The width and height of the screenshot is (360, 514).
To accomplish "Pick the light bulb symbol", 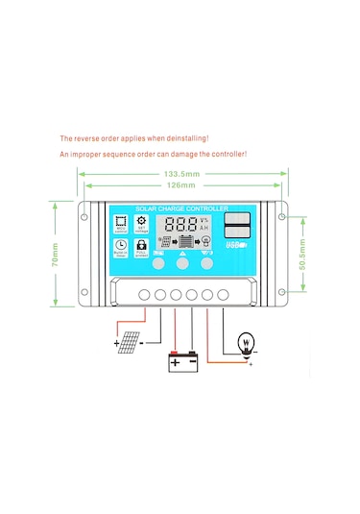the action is click(246, 343).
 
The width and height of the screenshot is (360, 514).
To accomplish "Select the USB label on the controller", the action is click(235, 245).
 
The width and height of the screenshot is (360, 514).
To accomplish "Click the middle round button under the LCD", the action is click(182, 260).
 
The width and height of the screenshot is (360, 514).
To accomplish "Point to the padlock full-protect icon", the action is click(143, 249).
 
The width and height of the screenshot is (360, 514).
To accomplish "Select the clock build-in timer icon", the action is click(121, 249).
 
